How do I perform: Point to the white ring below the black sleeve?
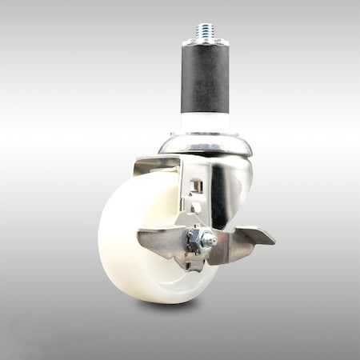[205, 122]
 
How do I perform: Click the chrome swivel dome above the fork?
[206, 145]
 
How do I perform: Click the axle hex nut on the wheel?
[198, 238]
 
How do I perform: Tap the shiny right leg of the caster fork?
[220, 196]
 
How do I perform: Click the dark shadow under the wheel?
[168, 306]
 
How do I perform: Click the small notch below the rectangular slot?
[194, 206]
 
